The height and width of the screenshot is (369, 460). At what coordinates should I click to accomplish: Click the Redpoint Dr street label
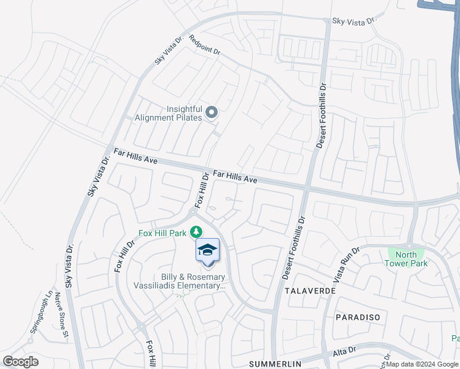[204, 46]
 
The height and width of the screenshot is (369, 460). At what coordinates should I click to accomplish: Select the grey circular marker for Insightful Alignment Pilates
[212, 112]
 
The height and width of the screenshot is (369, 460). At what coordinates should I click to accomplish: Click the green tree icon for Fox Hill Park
[196, 232]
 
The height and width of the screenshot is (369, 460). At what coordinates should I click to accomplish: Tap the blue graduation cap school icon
[207, 250]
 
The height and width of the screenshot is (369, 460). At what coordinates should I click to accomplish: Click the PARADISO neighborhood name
[358, 317]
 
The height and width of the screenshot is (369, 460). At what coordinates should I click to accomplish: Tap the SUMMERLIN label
[276, 364]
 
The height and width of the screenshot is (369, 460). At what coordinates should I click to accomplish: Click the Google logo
[20, 362]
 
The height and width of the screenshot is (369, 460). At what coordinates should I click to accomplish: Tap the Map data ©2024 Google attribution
[422, 365]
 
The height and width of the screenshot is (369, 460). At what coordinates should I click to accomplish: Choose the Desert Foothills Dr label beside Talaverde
[293, 247]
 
